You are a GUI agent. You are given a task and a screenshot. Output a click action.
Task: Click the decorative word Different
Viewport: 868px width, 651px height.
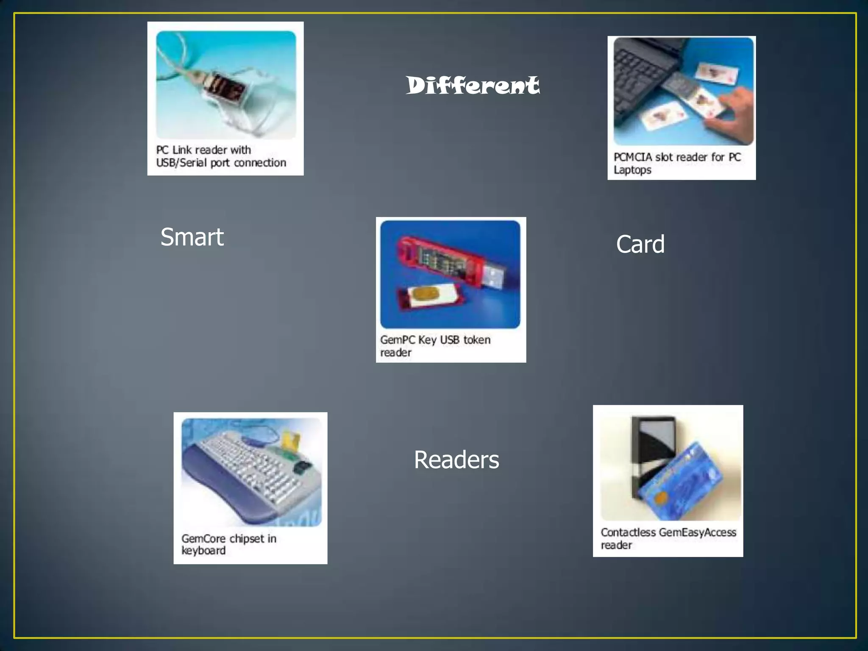click(x=473, y=85)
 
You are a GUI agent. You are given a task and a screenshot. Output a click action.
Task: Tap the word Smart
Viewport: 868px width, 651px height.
click(x=192, y=237)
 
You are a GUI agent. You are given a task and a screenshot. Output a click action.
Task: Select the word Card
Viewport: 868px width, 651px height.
click(x=640, y=244)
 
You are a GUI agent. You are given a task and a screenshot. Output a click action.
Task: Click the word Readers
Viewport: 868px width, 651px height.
click(x=456, y=460)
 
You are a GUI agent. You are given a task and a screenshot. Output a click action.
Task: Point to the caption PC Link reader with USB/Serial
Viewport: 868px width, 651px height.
click(x=221, y=156)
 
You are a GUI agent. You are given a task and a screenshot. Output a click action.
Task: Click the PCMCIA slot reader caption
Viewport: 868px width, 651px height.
click(x=677, y=163)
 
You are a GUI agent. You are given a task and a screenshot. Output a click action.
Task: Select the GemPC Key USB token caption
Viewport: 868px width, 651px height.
click(x=435, y=346)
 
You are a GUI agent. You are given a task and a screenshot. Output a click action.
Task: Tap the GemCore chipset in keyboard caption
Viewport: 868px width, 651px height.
click(x=229, y=545)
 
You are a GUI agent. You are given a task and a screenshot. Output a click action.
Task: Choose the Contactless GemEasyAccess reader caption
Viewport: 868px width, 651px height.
click(x=668, y=538)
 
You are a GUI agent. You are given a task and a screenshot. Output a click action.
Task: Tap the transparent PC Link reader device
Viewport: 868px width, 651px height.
click(x=225, y=91)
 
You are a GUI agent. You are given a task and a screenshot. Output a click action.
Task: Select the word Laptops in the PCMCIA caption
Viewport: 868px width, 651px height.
click(x=632, y=170)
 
